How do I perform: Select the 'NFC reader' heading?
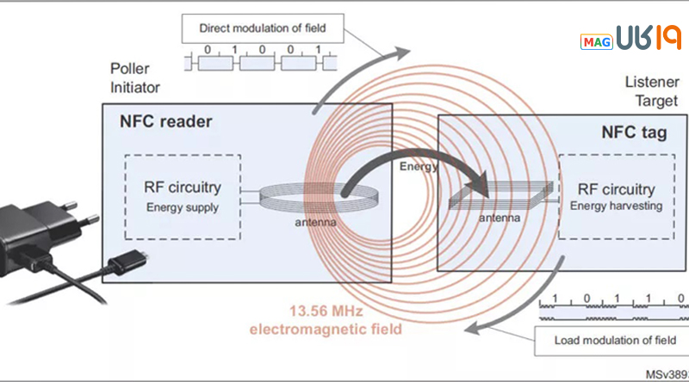pyautogui.click(x=165, y=121)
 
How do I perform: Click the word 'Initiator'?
pyautogui.click(x=135, y=87)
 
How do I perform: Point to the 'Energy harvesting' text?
pyautogui.click(x=616, y=206)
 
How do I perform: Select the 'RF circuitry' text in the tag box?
pyautogui.click(x=616, y=189)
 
